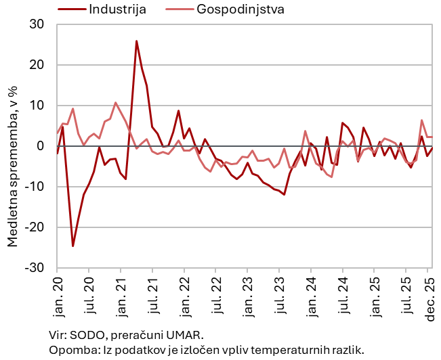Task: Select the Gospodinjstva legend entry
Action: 238,9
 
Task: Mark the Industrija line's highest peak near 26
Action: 136,41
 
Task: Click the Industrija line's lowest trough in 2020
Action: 73,246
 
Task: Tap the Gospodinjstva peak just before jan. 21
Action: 115,103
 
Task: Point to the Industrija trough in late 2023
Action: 284,194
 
